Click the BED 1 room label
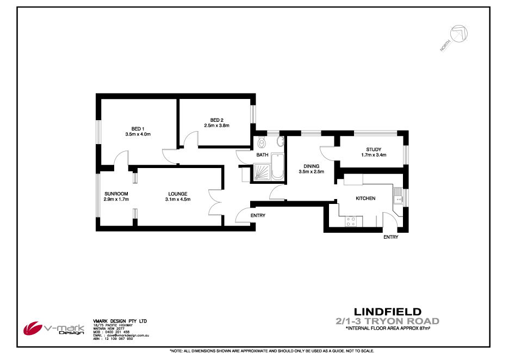click(x=137, y=128)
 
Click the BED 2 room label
click(x=216, y=120)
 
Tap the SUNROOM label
click(x=116, y=194)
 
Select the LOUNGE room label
click(x=178, y=194)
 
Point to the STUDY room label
click(x=374, y=150)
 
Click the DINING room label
click(x=311, y=166)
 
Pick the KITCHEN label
click(x=365, y=198)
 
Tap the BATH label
click(x=263, y=155)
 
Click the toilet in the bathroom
click(x=263, y=142)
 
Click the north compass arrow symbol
click(x=458, y=34)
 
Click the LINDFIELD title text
click(x=387, y=312)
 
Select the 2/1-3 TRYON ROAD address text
click(x=387, y=321)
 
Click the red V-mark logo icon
click(x=32, y=328)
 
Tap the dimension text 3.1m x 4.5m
click(x=178, y=200)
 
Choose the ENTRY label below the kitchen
click(x=390, y=237)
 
